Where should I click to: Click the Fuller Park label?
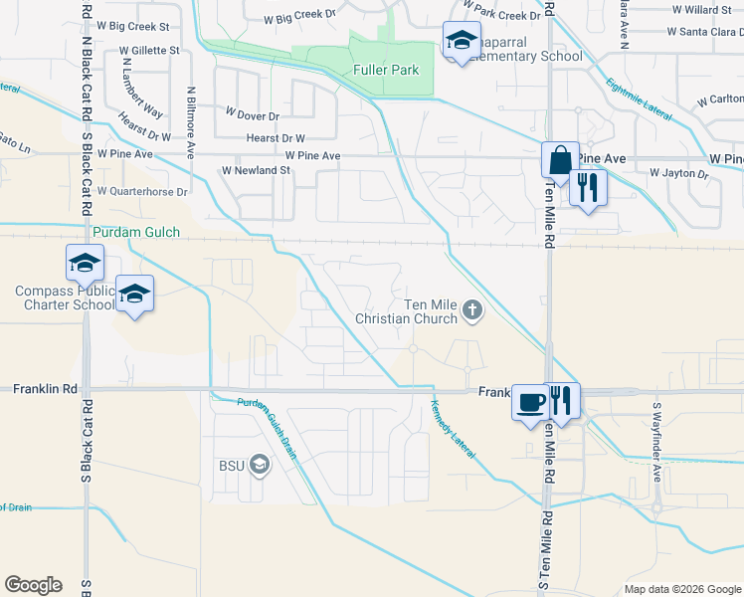(386, 70)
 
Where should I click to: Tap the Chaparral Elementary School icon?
(461, 42)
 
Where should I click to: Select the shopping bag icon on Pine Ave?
(560, 160)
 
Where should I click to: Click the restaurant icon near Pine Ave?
(588, 187)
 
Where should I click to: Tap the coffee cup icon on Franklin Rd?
(530, 402)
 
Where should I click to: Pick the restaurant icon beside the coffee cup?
(561, 402)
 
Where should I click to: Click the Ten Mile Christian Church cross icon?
(472, 312)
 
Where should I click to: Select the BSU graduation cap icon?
(259, 465)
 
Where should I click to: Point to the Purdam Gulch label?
(136, 233)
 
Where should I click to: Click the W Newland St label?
(256, 170)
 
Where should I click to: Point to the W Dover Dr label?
(255, 115)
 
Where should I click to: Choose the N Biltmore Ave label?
(189, 122)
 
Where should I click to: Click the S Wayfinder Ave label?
(656, 429)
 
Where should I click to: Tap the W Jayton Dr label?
(678, 173)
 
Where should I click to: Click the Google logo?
(33, 585)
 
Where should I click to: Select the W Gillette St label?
(149, 50)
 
